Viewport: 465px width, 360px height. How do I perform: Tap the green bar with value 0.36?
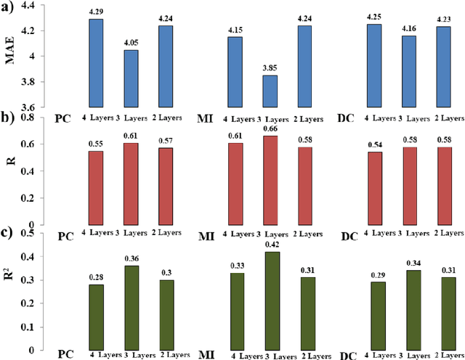click(132, 306)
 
